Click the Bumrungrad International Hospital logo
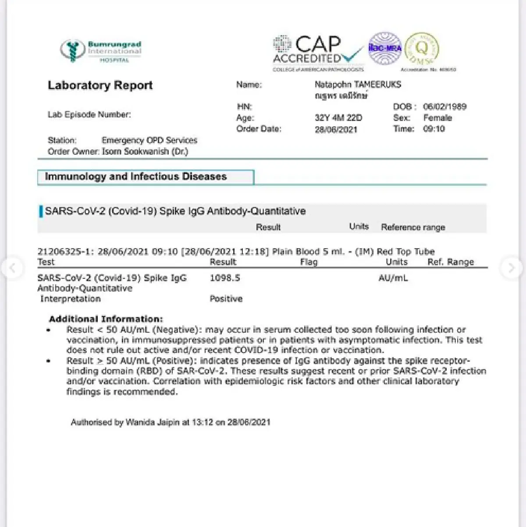pyautogui.click(x=101, y=51)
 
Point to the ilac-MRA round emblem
pyautogui.click(x=385, y=48)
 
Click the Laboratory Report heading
pyautogui.click(x=100, y=85)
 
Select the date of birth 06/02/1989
pyautogui.click(x=444, y=107)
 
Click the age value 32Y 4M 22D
pyautogui.click(x=338, y=118)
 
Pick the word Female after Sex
pyautogui.click(x=437, y=118)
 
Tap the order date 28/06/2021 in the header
pyautogui.click(x=336, y=130)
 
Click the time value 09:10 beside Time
pyautogui.click(x=434, y=129)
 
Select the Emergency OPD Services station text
pyautogui.click(x=149, y=140)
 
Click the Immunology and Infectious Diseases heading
pyautogui.click(x=136, y=177)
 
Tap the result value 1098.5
pyautogui.click(x=225, y=278)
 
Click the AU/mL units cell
pyautogui.click(x=393, y=278)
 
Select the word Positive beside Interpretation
pyautogui.click(x=226, y=299)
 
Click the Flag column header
pyautogui.click(x=309, y=262)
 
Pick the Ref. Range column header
pyautogui.click(x=451, y=262)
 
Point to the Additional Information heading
pyautogui.click(x=106, y=319)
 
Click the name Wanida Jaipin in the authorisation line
pyautogui.click(x=153, y=423)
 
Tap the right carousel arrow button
pyautogui.click(x=511, y=267)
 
